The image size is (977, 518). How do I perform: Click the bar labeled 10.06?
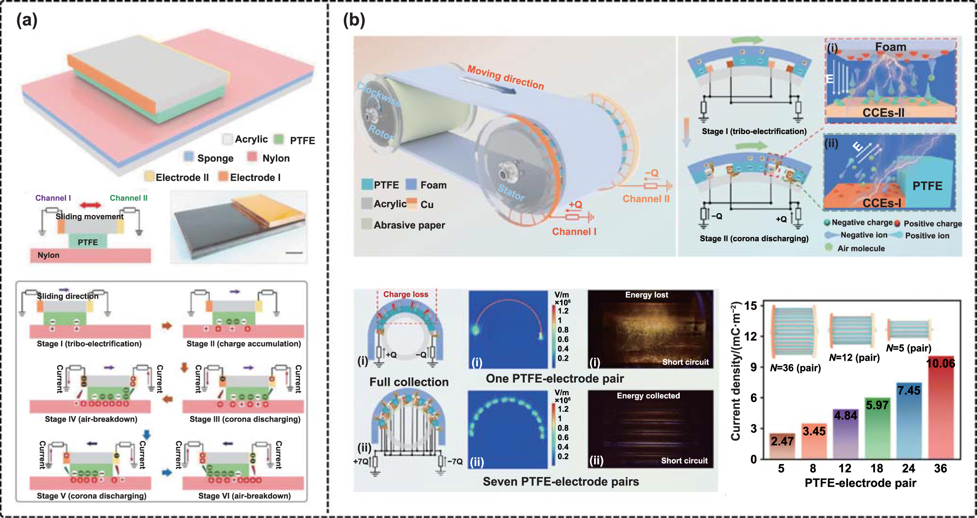940,410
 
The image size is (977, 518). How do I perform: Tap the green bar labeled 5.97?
877,428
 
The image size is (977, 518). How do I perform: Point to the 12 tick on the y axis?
750,336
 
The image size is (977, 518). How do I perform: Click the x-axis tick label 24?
908,469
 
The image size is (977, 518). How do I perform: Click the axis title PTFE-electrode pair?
860,483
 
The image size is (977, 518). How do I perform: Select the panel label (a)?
27,20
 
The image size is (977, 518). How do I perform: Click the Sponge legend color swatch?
189,157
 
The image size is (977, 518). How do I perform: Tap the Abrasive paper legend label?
409,225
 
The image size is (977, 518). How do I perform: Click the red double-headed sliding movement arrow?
90,205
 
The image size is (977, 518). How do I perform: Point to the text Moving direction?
505,77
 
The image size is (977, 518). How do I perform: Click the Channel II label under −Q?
646,199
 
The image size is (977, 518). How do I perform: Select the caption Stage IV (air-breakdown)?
91,419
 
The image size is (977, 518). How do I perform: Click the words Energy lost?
646,295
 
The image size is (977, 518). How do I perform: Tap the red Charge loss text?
405,294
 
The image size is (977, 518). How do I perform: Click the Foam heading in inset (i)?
890,47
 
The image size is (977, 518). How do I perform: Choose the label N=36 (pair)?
795,368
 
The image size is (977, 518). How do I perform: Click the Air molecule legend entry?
861,249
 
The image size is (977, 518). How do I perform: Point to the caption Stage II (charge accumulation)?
243,343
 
